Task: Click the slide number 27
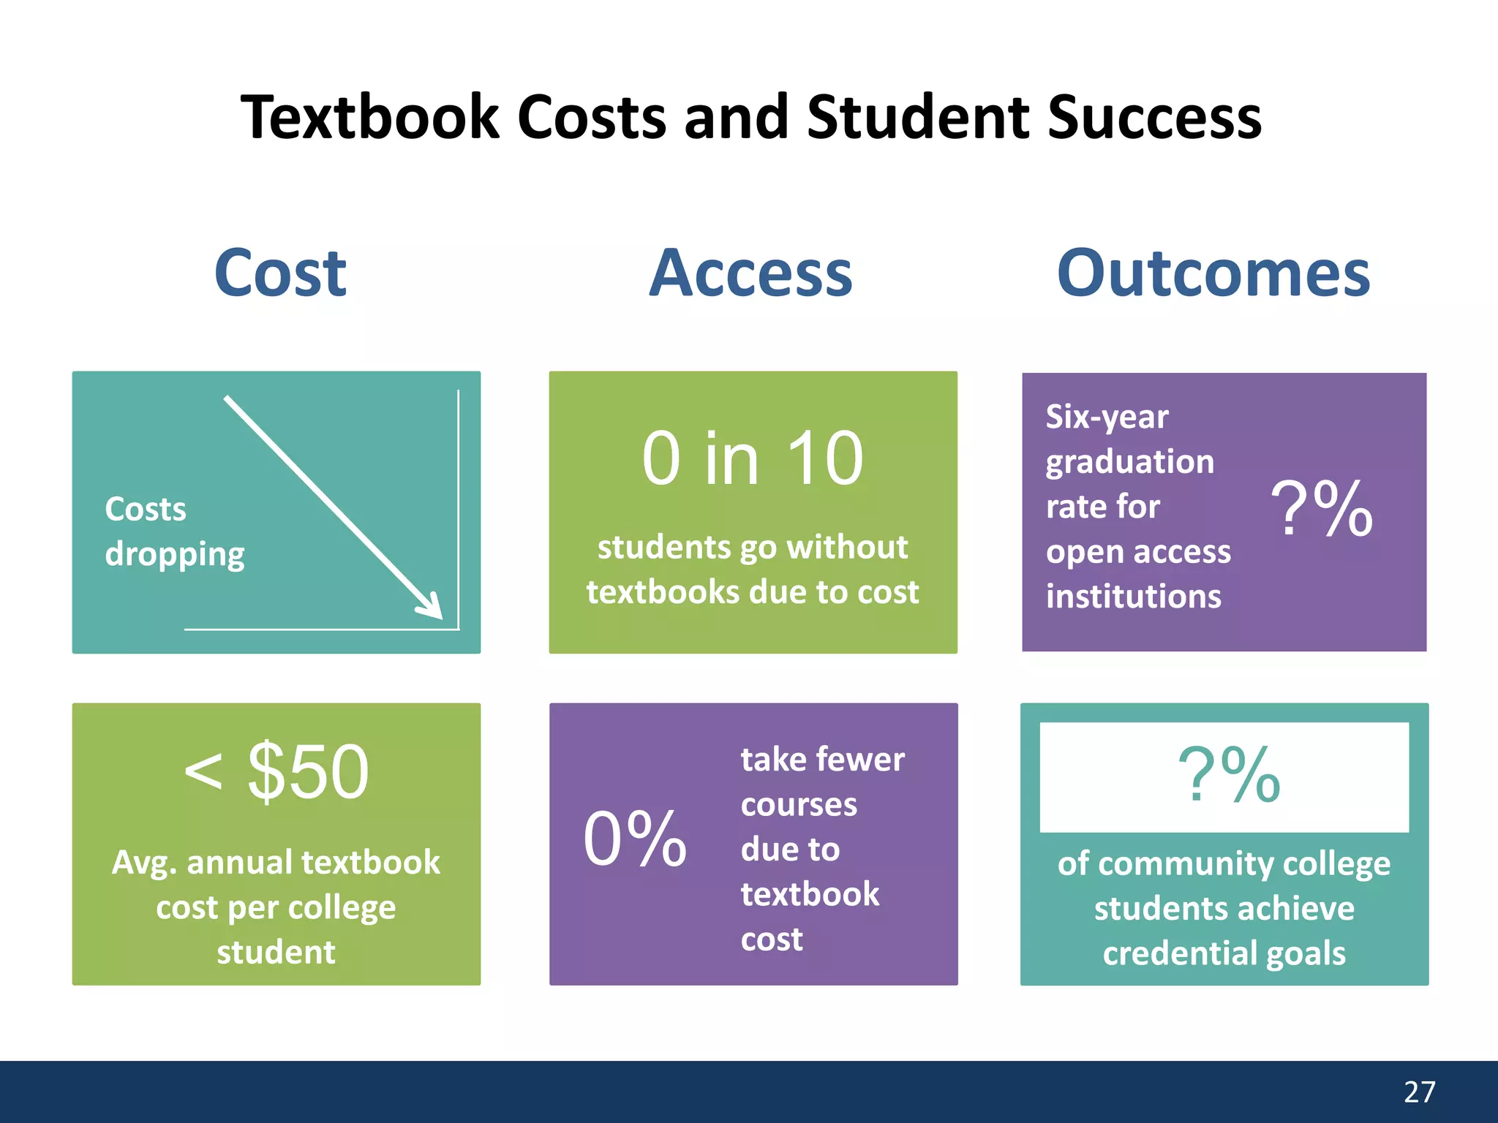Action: [x=1419, y=1092]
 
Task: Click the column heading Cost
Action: [x=280, y=273]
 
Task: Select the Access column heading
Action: [x=751, y=273]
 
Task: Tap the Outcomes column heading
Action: [x=1213, y=273]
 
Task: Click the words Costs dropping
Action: [x=174, y=532]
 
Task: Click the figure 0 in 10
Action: [x=753, y=458]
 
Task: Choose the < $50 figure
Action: [x=276, y=772]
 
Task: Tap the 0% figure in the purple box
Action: [x=635, y=839]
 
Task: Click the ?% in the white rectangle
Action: [x=1228, y=775]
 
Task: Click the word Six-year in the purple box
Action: [x=1107, y=417]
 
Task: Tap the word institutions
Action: [x=1133, y=597]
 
